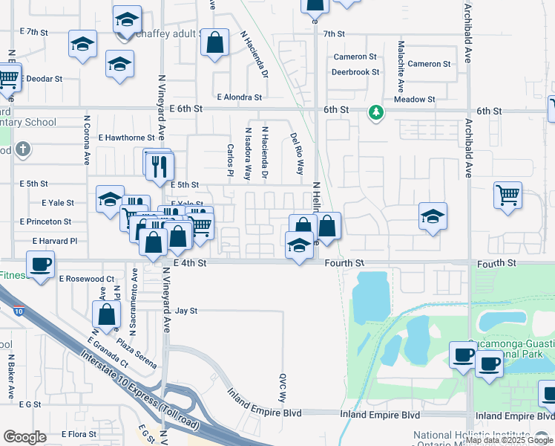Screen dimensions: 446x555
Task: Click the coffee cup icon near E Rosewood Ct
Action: pos(40,264)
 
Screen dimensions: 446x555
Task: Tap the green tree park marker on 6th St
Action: pos(376,112)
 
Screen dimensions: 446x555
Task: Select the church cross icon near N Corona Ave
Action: pos(23,149)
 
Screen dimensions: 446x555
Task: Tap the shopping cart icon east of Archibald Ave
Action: pos(508,196)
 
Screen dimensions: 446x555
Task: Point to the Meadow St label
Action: pos(415,100)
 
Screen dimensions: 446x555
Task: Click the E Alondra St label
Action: pos(240,97)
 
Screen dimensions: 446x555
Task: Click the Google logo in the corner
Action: pos(24,437)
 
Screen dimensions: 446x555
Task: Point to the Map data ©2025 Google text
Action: pos(510,440)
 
